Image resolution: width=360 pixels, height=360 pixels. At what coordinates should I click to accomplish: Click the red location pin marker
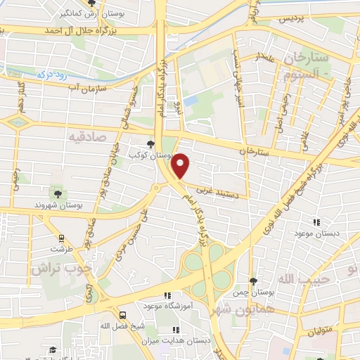coord(181,165)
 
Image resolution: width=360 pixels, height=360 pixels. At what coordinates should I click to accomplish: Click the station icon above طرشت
coord(62,237)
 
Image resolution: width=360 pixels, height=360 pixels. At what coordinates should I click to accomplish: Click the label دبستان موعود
coord(316,232)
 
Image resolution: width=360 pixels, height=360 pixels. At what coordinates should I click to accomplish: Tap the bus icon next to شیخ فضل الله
coord(124,316)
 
